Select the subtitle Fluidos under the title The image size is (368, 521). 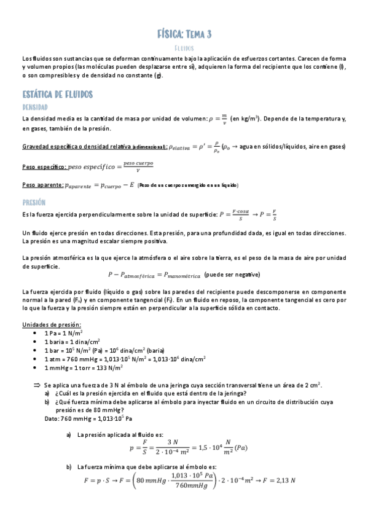point(184,47)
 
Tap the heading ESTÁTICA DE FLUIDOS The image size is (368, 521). point(57,95)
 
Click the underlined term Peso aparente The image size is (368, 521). point(42,186)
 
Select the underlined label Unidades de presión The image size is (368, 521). point(51,324)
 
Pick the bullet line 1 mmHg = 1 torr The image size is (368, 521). point(84,367)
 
